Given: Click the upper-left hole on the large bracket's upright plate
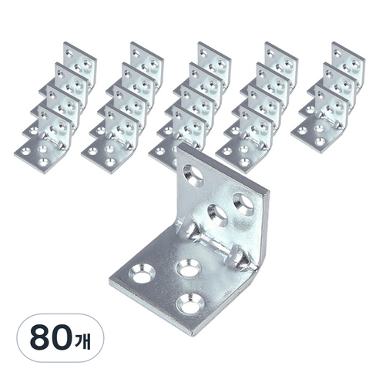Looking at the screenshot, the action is [x=193, y=176].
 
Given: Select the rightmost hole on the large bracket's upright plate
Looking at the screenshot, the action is [x=243, y=204].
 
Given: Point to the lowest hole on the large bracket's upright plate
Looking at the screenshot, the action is [x=218, y=215].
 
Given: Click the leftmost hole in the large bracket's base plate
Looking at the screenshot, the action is [x=143, y=273].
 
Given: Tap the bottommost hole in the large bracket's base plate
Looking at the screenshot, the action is [x=189, y=304].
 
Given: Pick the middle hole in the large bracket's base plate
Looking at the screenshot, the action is [x=189, y=269].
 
